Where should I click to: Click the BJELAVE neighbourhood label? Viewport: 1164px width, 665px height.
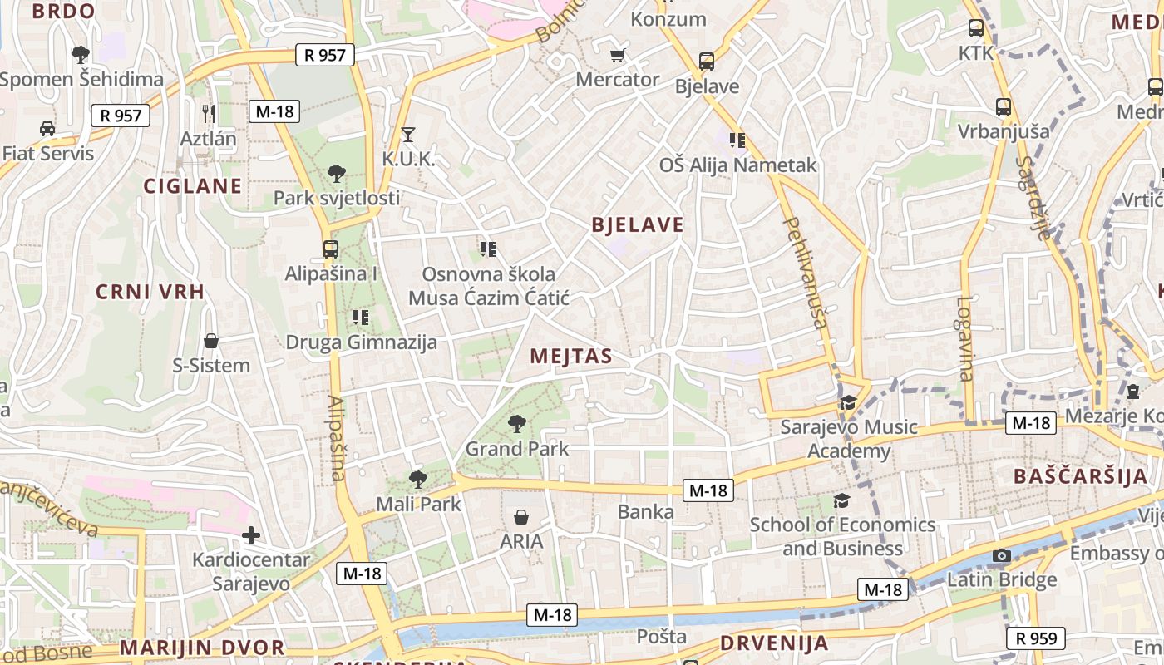click(x=638, y=224)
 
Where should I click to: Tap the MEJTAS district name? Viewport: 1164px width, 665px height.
click(x=571, y=357)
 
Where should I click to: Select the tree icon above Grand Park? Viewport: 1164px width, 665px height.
click(x=517, y=424)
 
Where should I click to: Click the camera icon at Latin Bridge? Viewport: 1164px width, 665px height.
click(x=1002, y=555)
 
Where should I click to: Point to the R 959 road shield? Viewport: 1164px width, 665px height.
click(x=1036, y=638)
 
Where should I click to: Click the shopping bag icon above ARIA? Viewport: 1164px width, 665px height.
click(x=521, y=517)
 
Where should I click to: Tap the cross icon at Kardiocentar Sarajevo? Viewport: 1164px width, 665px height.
click(x=251, y=535)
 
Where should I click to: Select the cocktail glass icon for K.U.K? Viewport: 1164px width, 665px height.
click(x=408, y=134)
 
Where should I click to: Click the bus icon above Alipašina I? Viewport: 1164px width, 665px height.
click(x=331, y=249)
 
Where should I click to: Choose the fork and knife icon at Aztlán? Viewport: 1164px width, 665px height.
click(x=209, y=113)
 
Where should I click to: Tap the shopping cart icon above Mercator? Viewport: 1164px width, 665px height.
click(x=617, y=56)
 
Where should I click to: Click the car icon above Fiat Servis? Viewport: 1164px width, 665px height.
click(x=47, y=129)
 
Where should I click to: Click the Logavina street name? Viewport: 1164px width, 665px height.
click(x=964, y=338)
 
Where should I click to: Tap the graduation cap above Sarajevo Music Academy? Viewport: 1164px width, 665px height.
click(x=848, y=403)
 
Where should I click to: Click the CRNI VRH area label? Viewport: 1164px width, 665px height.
click(x=150, y=292)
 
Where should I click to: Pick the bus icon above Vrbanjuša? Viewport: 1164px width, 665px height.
click(x=1004, y=107)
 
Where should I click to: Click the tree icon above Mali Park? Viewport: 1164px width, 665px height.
click(x=418, y=479)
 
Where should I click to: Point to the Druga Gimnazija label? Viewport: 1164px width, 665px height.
click(x=362, y=342)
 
